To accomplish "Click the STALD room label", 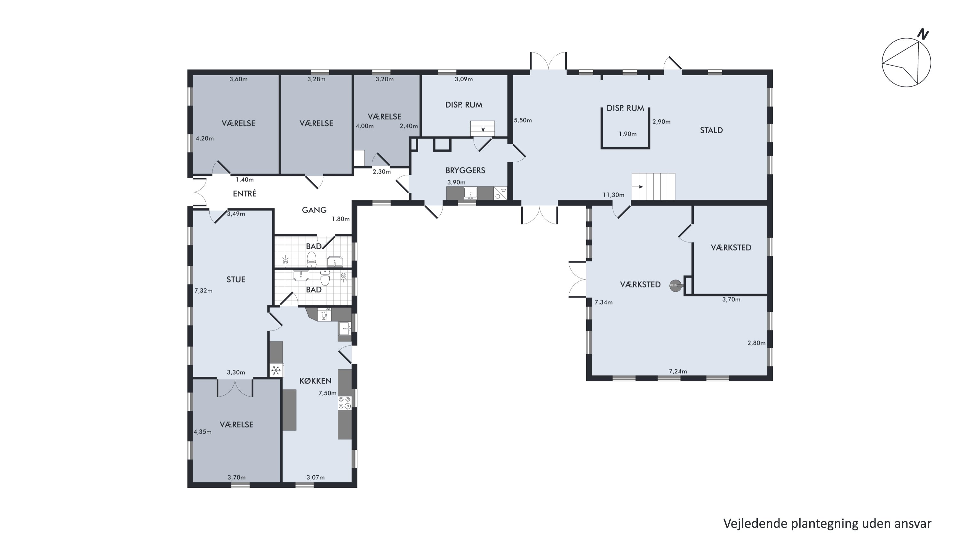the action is (x=711, y=130).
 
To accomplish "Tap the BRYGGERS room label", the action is (x=465, y=170).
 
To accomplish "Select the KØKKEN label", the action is (x=315, y=381).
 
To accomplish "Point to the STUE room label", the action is (x=236, y=279).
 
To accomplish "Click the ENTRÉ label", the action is (x=244, y=193).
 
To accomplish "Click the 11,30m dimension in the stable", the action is (x=613, y=195).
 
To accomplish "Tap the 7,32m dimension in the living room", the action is (x=204, y=291).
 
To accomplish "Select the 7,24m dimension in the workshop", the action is (x=678, y=372).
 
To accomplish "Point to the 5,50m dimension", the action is (x=523, y=120).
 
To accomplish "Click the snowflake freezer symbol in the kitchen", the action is (x=276, y=370).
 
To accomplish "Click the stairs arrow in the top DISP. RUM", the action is (x=483, y=129).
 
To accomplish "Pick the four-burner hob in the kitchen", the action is (x=345, y=402).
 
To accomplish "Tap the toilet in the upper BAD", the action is (x=312, y=259).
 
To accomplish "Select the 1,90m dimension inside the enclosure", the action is (x=628, y=134).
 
